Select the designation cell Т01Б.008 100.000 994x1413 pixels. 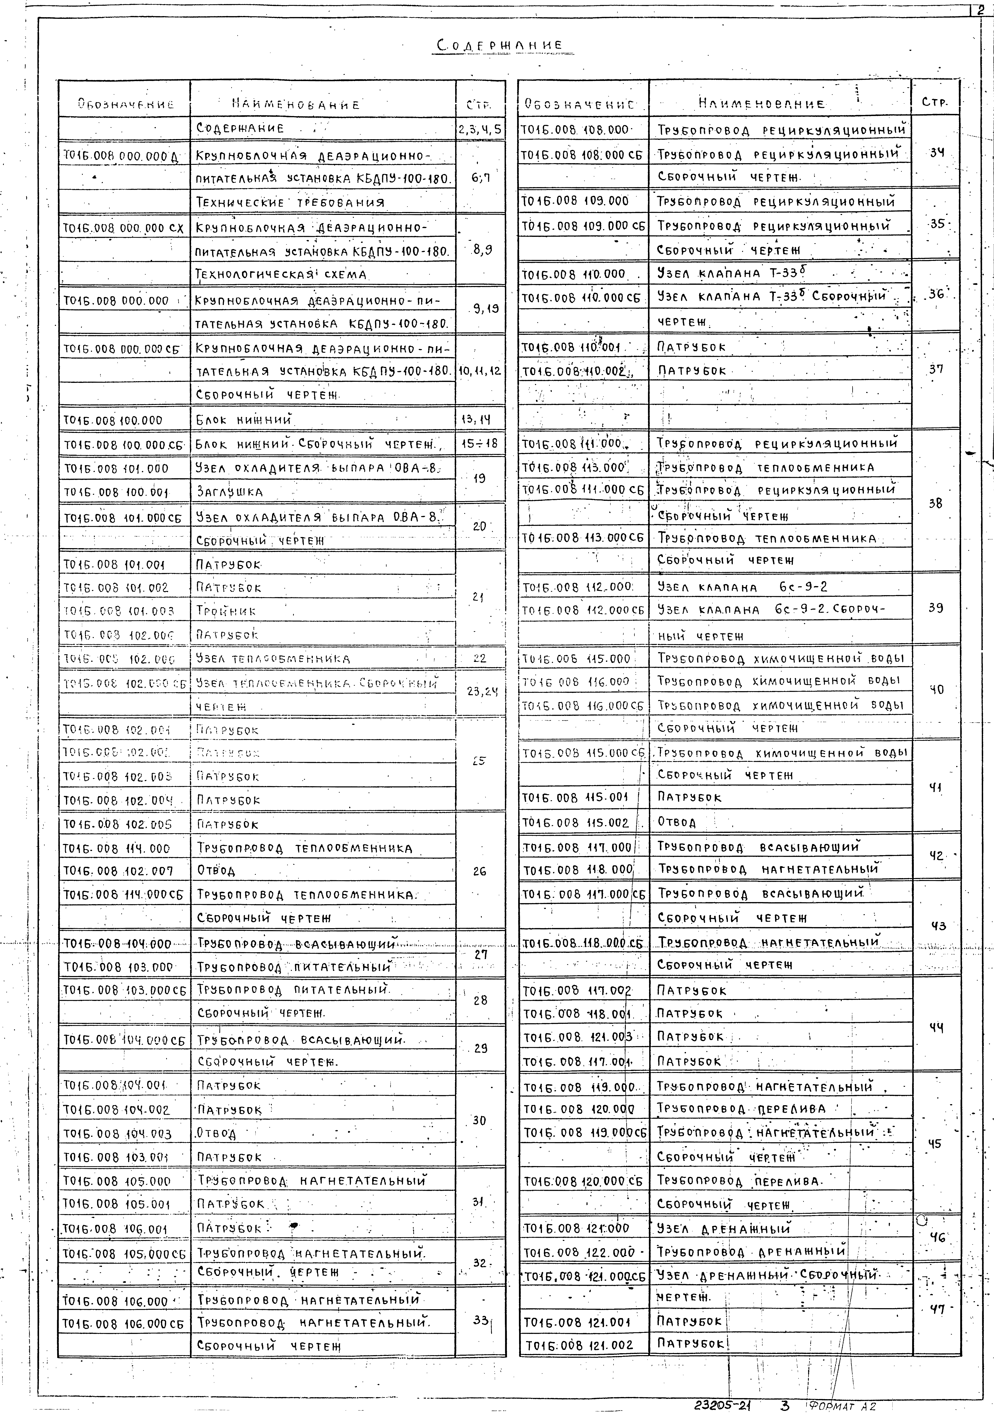coord(113,420)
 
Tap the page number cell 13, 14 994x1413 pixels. coord(480,420)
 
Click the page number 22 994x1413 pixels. coord(480,658)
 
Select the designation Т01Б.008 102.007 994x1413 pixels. coord(117,871)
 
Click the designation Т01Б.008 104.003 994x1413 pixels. coord(117,1134)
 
